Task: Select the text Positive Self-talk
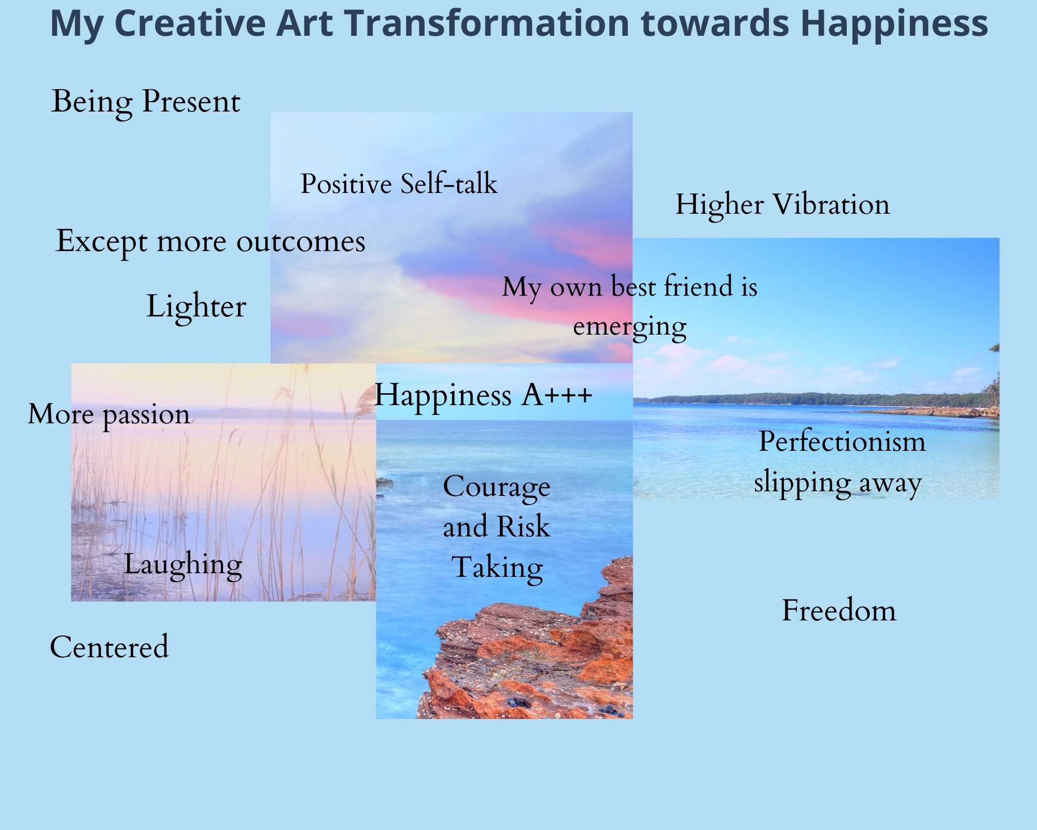(399, 184)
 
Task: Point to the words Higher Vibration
(782, 204)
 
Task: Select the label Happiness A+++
(483, 395)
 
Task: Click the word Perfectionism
(842, 442)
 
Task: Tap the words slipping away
(838, 483)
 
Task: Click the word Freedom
(839, 611)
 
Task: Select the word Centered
(109, 647)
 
